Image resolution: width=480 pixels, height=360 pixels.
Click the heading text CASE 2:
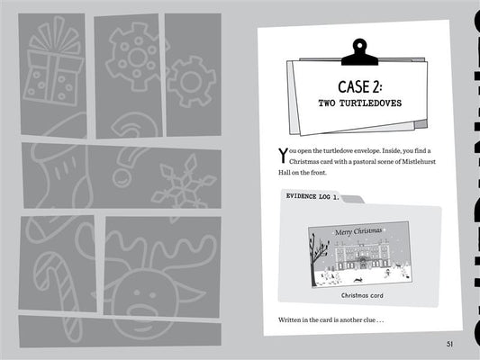pos(360,87)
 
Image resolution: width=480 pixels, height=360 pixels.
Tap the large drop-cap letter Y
pos(283,155)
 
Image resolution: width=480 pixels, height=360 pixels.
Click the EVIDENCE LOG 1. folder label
pos(312,196)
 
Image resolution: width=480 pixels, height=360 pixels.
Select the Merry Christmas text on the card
pos(358,231)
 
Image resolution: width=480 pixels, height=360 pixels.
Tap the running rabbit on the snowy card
pos(358,280)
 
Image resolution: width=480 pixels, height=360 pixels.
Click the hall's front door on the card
pos(363,264)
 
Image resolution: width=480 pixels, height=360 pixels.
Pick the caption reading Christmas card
pos(362,295)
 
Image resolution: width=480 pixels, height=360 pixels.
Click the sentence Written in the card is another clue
pos(331,319)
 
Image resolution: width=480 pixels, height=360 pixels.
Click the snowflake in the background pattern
pos(184,186)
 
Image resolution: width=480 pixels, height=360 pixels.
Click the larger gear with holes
pos(136,58)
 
